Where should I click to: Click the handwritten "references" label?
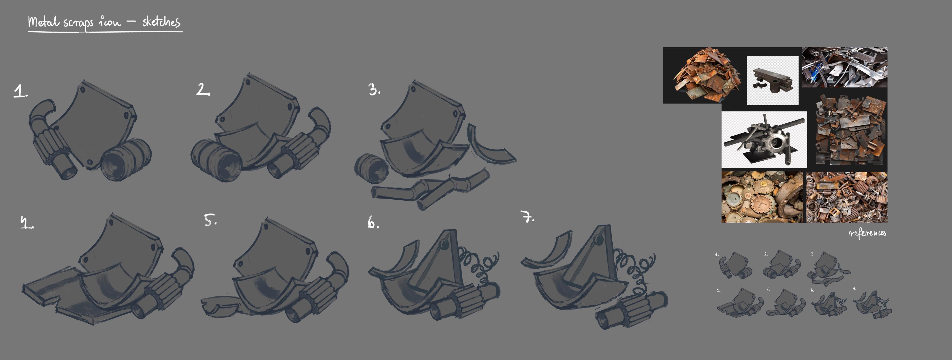[x=867, y=233]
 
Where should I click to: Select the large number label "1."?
[x=20, y=91]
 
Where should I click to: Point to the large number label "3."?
[x=374, y=89]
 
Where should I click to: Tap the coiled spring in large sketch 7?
[x=635, y=272]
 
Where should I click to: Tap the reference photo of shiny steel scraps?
[x=844, y=67]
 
